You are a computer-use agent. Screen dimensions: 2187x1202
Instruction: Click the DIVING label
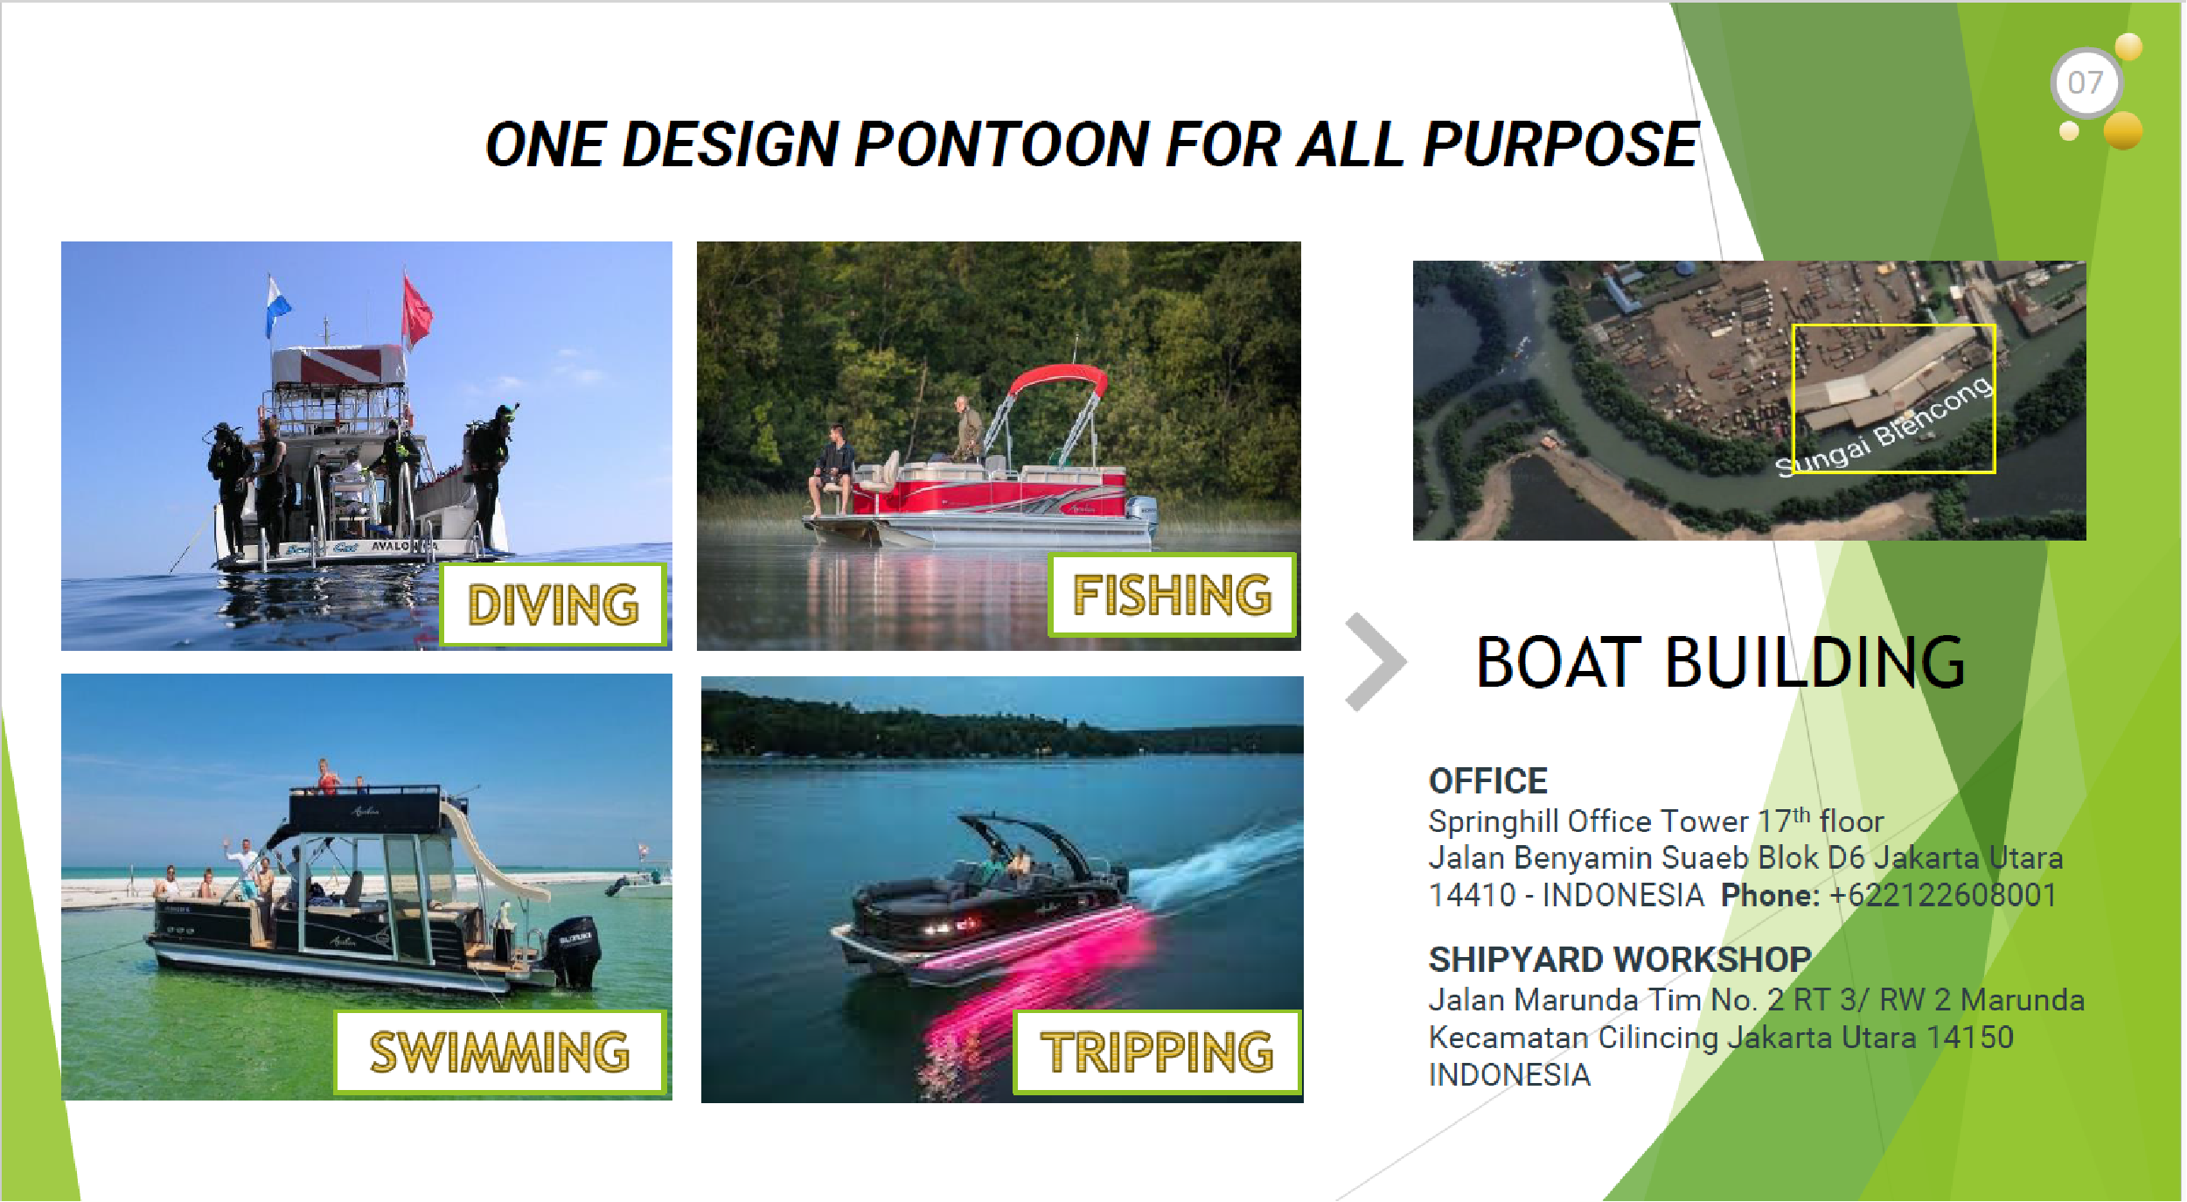pyautogui.click(x=554, y=604)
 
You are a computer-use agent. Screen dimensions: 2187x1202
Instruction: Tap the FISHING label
pyautogui.click(x=1172, y=595)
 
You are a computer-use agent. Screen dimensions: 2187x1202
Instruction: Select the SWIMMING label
pyautogui.click(x=500, y=1052)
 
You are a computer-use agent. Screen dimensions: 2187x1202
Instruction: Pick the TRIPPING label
pyautogui.click(x=1157, y=1052)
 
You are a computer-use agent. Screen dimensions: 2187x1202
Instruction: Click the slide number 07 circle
pyautogui.click(x=2086, y=83)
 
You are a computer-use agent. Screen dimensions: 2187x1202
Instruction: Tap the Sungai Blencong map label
pyautogui.click(x=1884, y=427)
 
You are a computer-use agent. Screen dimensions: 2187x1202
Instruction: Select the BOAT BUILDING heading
pyautogui.click(x=1720, y=662)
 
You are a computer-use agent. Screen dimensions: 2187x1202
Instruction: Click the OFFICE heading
pyautogui.click(x=1487, y=780)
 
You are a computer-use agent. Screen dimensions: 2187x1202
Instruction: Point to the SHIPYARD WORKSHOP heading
pyautogui.click(x=1619, y=960)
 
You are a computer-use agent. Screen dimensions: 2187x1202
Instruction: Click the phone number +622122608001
pyautogui.click(x=1942, y=895)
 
